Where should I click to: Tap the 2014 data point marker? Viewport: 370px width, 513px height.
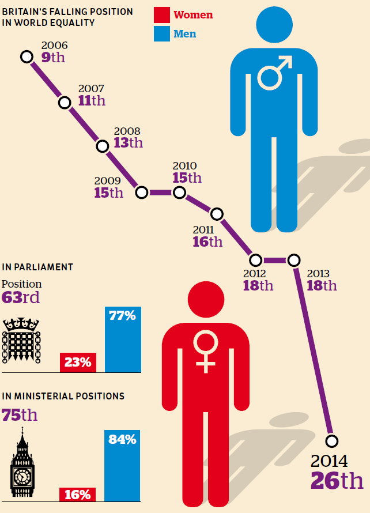pyautogui.click(x=331, y=441)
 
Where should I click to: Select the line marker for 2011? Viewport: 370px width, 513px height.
pyautogui.click(x=217, y=214)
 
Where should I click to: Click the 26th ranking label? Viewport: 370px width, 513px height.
pyautogui.click(x=337, y=480)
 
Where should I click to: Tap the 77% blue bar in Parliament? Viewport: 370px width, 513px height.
pyautogui.click(x=122, y=340)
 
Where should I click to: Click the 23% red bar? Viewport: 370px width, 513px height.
pyautogui.click(x=78, y=363)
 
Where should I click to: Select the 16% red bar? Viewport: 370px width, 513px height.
pyautogui.click(x=78, y=494)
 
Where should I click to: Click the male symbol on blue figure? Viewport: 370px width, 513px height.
pyautogui.click(x=274, y=73)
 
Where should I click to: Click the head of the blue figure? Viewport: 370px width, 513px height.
pyautogui.click(x=274, y=25)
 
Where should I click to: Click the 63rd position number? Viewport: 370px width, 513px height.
pyautogui.click(x=21, y=297)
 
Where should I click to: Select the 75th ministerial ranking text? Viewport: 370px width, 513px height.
pyautogui.click(x=20, y=415)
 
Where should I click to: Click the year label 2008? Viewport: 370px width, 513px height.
pyautogui.click(x=127, y=131)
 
